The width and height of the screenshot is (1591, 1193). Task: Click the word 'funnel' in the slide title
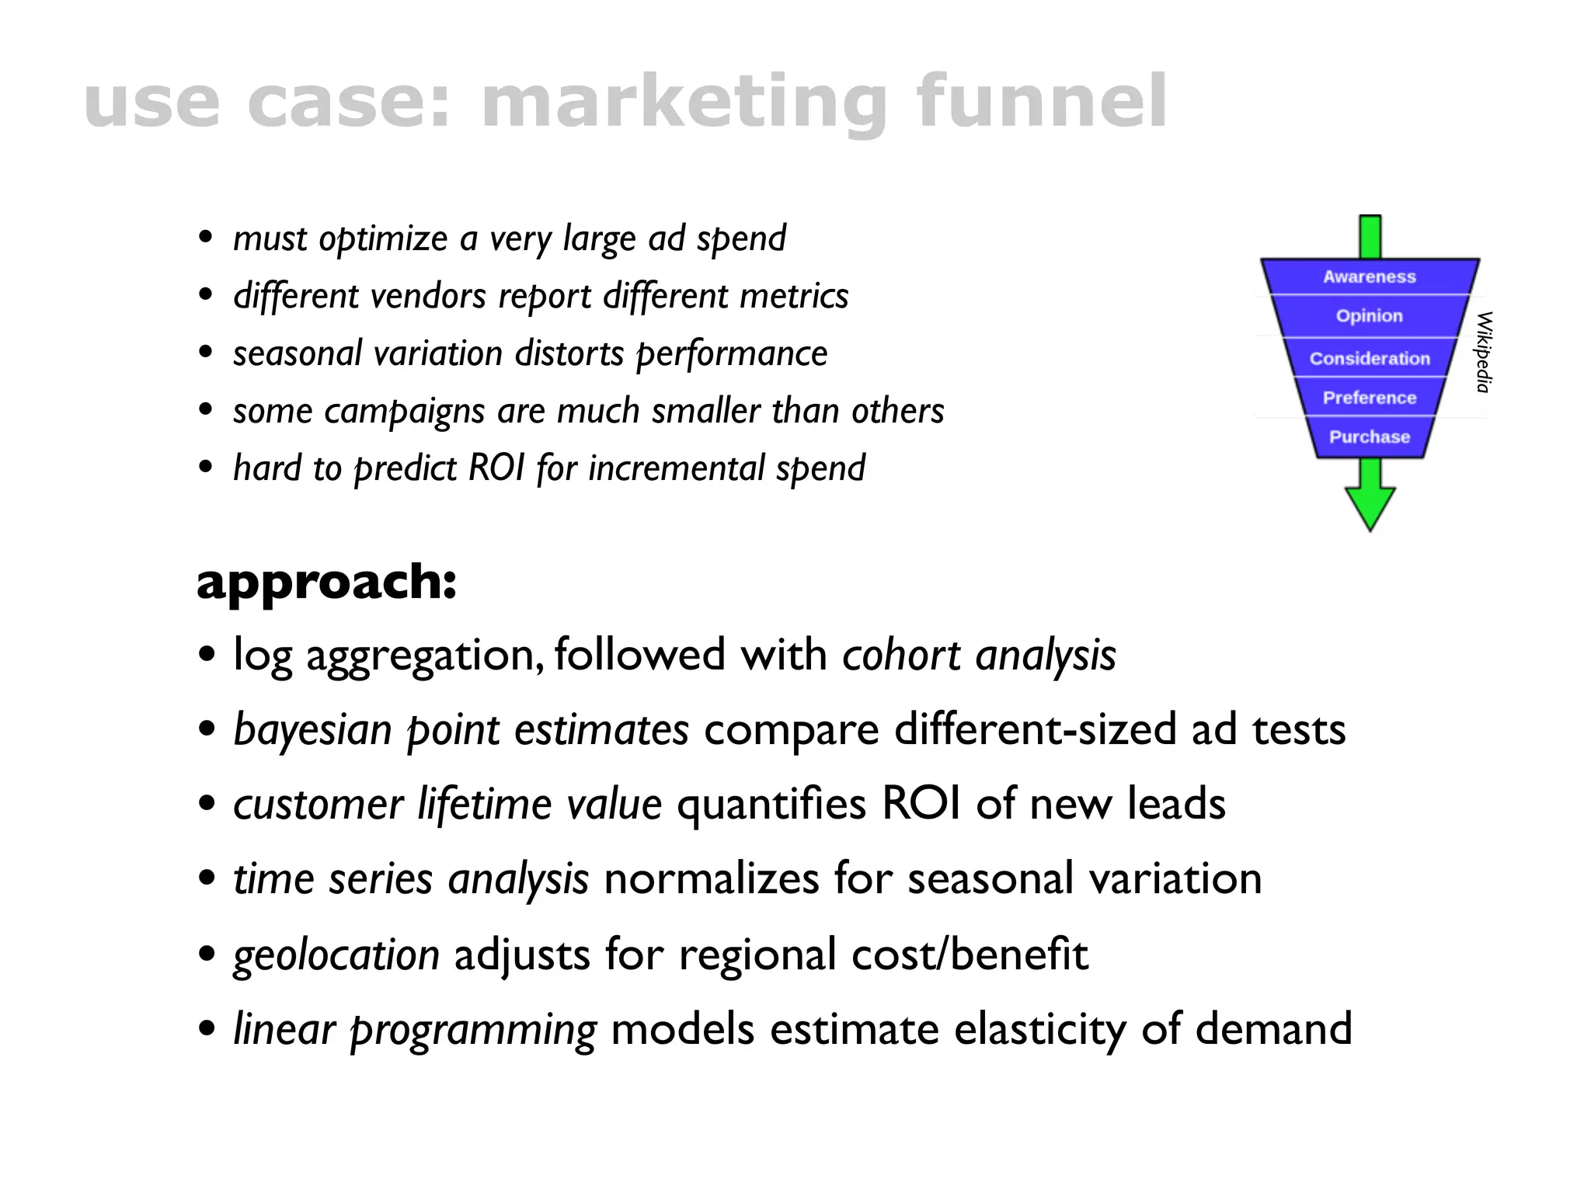[1041, 101]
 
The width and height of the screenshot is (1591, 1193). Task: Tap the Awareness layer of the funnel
[1370, 277]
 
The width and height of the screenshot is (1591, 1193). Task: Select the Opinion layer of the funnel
[1370, 316]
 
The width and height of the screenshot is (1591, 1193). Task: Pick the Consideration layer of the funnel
[1370, 358]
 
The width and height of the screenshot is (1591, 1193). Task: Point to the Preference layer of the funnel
[1370, 398]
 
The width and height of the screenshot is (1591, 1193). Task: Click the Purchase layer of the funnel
[1370, 437]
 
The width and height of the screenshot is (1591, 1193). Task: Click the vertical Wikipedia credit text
[1483, 352]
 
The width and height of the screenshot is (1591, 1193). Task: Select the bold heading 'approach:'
[326, 582]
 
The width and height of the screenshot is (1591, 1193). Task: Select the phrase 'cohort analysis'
[979, 655]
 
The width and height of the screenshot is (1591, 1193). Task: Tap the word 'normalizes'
[711, 878]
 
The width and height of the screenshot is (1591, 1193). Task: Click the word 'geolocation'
[336, 954]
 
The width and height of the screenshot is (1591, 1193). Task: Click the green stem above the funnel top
[1370, 237]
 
